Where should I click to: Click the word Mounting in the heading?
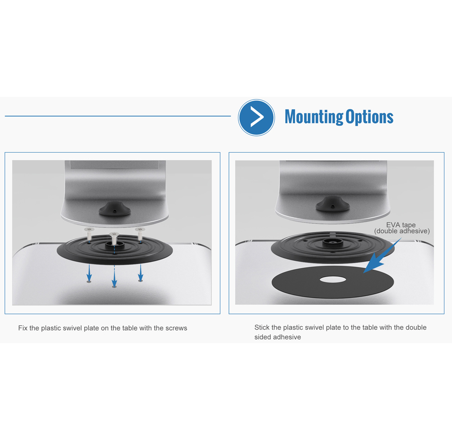[313, 117]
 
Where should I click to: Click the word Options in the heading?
[369, 117]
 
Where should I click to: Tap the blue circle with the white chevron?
[256, 118]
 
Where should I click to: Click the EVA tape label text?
[402, 228]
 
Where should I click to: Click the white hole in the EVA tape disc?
[333, 280]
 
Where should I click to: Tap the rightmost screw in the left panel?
[140, 233]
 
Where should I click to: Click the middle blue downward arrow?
[114, 277]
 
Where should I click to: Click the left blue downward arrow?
[90, 272]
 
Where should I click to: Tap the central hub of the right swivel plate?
[332, 243]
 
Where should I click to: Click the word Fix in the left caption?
[23, 328]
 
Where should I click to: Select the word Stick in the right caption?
[262, 327]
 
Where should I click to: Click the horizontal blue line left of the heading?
[118, 116]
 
